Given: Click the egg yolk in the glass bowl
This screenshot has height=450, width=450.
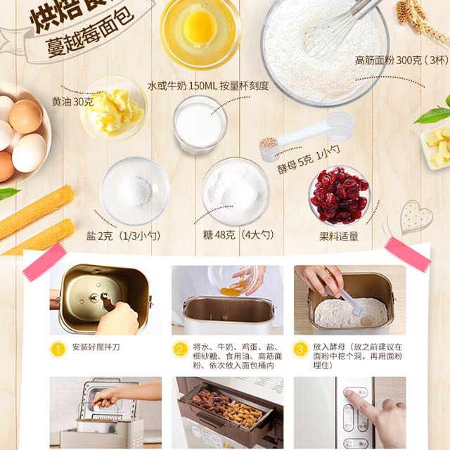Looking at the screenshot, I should pyautogui.click(x=199, y=26).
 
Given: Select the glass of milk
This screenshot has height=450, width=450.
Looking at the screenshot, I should pyautogui.click(x=200, y=124).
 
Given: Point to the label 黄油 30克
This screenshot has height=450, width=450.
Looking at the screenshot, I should pyautogui.click(x=72, y=102).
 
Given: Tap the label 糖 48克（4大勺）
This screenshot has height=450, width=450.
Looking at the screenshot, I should pyautogui.click(x=238, y=235).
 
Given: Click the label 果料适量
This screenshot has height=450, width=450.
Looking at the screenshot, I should pyautogui.click(x=339, y=236).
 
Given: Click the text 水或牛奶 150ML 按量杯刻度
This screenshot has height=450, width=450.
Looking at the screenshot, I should pyautogui.click(x=208, y=86).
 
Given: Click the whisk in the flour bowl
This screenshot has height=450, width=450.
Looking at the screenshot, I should pyautogui.click(x=337, y=28).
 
